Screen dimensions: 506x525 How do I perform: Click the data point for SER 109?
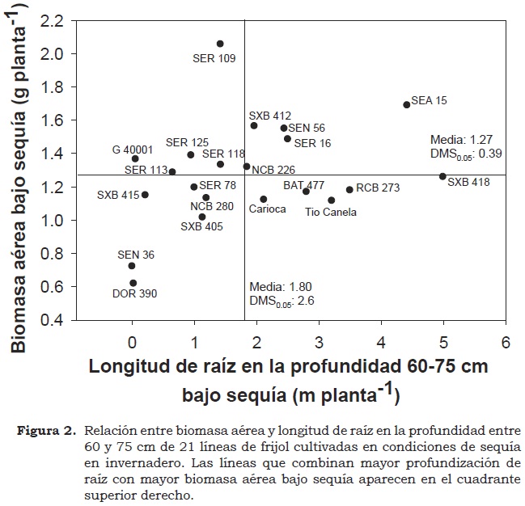(220, 44)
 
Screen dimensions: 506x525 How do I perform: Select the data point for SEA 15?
(407, 105)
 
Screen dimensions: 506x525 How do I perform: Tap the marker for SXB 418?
(442, 176)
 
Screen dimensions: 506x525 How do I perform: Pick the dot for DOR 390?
(133, 283)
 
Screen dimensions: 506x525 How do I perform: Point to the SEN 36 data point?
(132, 266)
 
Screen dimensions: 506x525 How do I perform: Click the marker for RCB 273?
(349, 190)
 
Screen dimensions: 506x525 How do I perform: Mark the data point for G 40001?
(135, 158)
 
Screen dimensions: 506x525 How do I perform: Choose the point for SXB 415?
(145, 195)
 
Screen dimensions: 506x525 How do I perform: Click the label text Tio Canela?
(331, 213)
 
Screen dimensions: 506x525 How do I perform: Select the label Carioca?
(267, 209)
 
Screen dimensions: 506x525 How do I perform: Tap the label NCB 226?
(273, 170)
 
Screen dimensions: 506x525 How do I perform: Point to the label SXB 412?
(270, 116)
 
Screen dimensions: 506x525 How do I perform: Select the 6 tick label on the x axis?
(506, 339)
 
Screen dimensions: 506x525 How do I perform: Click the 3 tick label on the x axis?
(320, 339)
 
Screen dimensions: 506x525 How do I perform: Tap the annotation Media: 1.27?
(461, 139)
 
